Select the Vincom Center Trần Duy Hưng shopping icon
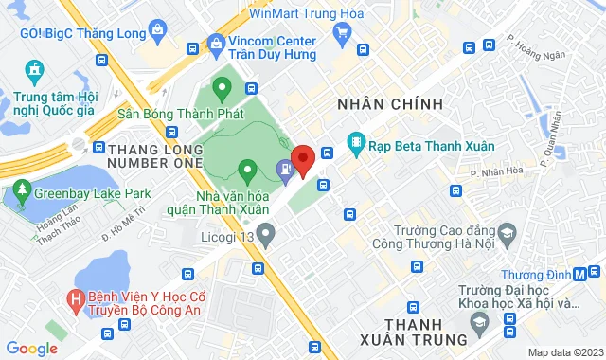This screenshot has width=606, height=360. (x=216, y=42)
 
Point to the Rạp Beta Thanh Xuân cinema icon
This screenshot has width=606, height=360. (x=356, y=144)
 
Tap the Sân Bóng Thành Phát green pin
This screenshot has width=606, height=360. (x=223, y=92)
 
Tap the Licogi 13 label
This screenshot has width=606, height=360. (x=227, y=236)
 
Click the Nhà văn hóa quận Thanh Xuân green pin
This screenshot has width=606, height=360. (x=247, y=172)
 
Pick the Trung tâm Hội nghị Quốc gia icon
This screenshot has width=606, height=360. (x=35, y=70)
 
